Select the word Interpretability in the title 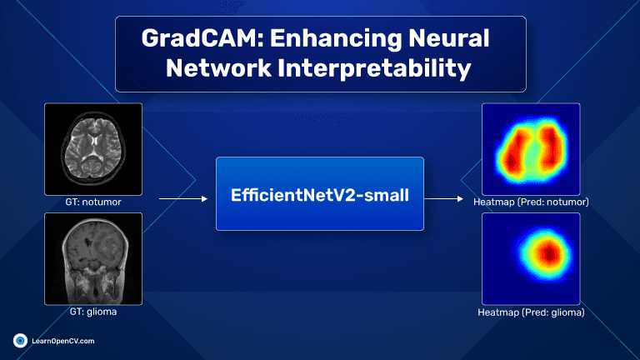374,68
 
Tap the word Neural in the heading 448,38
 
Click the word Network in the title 218,67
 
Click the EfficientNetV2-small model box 320,194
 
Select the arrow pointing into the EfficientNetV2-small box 183,199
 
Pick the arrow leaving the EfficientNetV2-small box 443,199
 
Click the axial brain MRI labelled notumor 93,149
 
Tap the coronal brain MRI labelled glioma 93,259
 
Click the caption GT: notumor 93,202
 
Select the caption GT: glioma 93,312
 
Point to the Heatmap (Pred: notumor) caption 531,202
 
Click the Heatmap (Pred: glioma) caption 531,312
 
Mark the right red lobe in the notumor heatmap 549,146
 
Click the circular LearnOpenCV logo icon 20,341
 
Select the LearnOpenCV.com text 63,341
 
